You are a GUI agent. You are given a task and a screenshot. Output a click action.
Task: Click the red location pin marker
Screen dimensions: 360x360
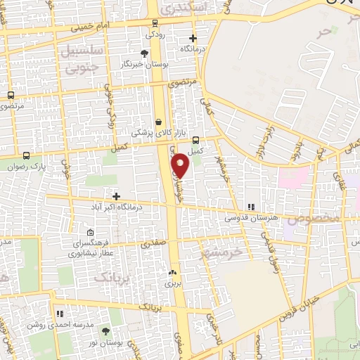(181, 164)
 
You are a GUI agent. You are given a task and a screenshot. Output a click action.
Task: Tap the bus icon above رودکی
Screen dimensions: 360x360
(153, 22)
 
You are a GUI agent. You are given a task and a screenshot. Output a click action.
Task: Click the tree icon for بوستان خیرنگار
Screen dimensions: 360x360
(144, 53)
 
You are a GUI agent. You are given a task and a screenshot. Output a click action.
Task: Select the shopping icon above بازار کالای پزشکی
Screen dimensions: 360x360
(158, 121)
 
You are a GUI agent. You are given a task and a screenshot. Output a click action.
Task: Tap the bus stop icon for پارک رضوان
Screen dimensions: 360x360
(27, 155)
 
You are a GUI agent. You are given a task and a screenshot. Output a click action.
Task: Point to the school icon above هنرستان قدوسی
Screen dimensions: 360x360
(250, 207)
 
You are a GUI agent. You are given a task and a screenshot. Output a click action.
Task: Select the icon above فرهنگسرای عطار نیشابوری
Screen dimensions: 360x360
(89, 233)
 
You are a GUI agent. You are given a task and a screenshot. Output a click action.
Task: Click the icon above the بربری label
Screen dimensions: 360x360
(172, 272)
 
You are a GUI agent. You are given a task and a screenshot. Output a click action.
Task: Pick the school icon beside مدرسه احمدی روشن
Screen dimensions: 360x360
(60, 313)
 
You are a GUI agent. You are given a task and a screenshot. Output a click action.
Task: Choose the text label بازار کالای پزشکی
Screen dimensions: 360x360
(157, 132)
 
